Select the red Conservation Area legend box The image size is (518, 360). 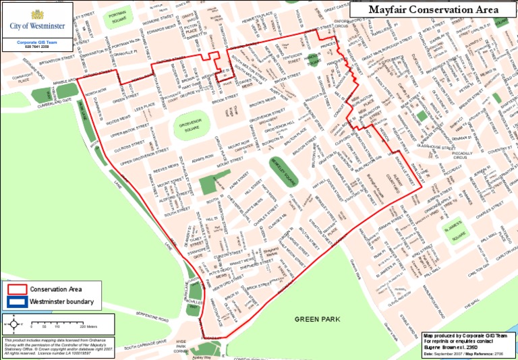tap(16, 289)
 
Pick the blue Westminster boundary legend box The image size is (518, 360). tap(16, 301)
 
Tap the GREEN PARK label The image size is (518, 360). tap(318, 319)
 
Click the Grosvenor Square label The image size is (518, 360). tap(192, 126)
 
